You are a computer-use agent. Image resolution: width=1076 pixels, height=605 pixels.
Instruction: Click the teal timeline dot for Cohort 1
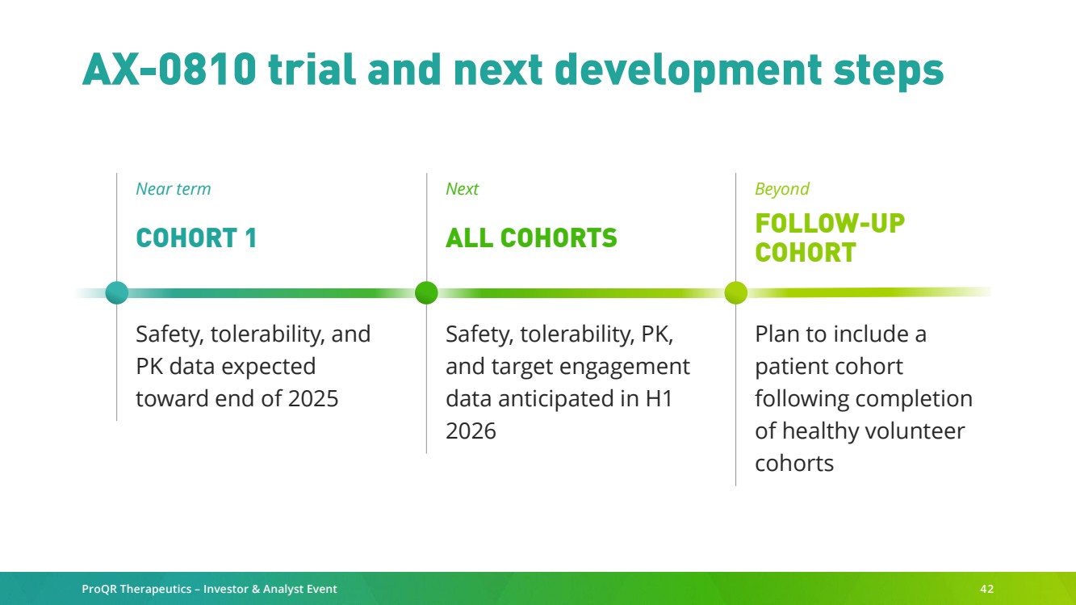tap(117, 292)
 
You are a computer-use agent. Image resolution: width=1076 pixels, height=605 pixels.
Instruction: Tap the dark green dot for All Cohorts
tap(426, 292)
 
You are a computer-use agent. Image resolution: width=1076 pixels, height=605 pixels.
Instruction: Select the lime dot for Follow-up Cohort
tap(736, 292)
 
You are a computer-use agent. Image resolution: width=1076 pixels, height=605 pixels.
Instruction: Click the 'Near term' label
tap(174, 189)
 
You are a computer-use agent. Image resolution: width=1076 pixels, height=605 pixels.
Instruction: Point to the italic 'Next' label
tap(462, 189)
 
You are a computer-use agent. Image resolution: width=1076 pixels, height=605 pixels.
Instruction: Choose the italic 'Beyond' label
tap(782, 189)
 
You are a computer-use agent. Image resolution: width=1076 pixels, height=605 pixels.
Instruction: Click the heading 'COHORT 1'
tap(196, 237)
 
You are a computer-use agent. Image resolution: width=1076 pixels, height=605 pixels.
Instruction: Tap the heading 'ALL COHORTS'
tap(531, 237)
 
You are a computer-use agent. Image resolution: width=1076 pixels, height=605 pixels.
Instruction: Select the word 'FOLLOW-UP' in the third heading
tap(830, 224)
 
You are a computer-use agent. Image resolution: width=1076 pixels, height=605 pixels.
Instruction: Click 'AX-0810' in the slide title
tap(169, 69)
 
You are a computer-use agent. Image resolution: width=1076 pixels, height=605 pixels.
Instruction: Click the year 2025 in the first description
tap(312, 398)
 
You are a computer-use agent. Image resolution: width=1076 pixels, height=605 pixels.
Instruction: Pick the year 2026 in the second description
tap(471, 431)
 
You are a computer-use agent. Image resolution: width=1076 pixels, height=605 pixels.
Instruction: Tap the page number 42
tap(986, 589)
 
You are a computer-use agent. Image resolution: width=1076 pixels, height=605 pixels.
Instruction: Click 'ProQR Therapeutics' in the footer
tap(136, 589)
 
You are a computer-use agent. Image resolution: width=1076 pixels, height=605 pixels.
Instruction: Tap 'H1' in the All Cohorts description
tap(659, 398)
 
